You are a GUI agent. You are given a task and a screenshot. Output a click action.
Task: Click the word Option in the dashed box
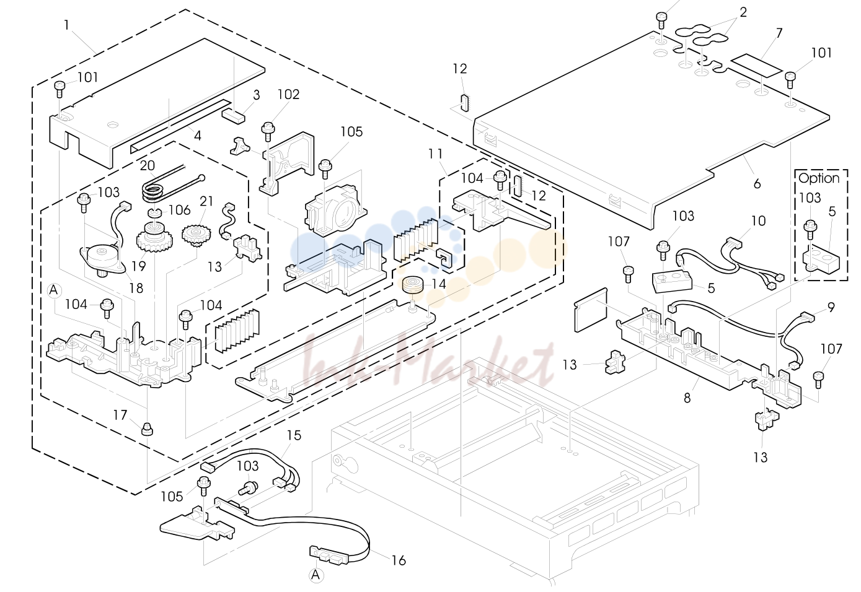click(818, 178)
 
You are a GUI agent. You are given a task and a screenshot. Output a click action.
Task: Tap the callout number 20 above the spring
click(147, 165)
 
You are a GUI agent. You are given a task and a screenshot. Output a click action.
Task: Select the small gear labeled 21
click(196, 235)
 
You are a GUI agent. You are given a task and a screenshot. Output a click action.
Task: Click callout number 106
click(180, 210)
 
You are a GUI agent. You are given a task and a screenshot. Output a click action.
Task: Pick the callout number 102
click(288, 94)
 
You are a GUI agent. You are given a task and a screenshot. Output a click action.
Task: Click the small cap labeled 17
click(147, 429)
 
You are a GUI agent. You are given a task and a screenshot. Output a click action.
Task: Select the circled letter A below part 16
click(316, 575)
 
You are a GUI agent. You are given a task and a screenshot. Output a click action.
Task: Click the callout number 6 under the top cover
click(757, 184)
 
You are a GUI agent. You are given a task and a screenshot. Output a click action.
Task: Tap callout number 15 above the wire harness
click(294, 435)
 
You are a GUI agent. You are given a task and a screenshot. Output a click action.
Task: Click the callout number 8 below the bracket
click(687, 398)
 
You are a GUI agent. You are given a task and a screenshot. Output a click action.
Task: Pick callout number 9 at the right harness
click(831, 307)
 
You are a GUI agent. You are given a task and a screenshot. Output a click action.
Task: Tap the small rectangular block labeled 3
click(233, 116)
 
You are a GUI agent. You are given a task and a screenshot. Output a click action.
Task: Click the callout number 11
click(436, 154)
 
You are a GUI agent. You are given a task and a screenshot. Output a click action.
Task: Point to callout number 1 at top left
click(66, 25)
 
